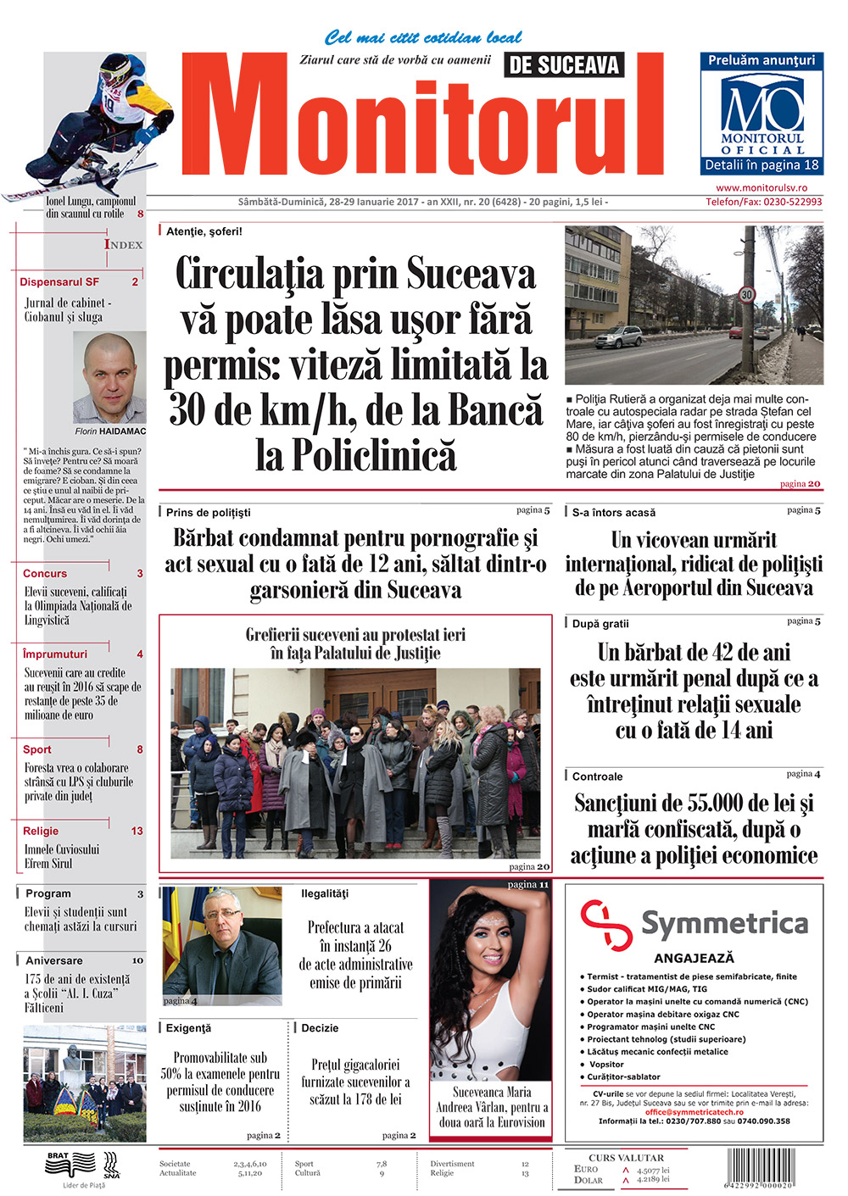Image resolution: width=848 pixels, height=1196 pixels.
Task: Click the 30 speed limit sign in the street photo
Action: pyautogui.click(x=746, y=295)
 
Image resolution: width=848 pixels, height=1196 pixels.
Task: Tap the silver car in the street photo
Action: pyautogui.click(x=618, y=337)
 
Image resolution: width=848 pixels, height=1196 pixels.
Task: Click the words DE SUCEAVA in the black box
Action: pyautogui.click(x=564, y=65)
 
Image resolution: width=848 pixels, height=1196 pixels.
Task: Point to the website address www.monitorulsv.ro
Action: pyautogui.click(x=762, y=188)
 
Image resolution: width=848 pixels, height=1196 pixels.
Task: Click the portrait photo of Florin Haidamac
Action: pyautogui.click(x=110, y=379)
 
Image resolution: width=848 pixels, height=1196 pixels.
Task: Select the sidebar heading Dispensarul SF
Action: pyautogui.click(x=59, y=282)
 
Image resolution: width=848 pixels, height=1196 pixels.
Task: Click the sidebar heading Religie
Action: pyautogui.click(x=41, y=832)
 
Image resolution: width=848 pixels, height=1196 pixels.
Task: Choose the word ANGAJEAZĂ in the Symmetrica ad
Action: pyautogui.click(x=694, y=958)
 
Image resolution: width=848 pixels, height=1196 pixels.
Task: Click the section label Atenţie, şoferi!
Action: pyautogui.click(x=204, y=231)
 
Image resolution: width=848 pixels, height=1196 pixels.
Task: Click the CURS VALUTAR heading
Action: pyautogui.click(x=626, y=1158)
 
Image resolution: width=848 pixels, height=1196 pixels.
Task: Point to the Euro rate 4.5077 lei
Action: pyautogui.click(x=653, y=1170)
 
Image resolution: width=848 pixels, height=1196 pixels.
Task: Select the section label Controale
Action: pyautogui.click(x=597, y=776)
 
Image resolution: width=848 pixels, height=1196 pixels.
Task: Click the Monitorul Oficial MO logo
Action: pyautogui.click(x=762, y=104)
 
